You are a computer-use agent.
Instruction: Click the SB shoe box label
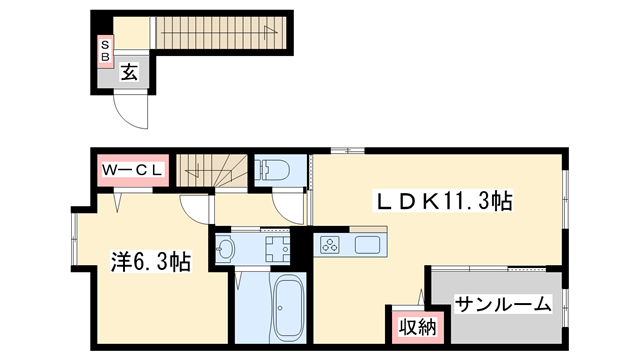(104, 50)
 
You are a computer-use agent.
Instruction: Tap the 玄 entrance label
(130, 71)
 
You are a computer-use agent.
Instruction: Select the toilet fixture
(271, 170)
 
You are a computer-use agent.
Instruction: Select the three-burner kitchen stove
(331, 244)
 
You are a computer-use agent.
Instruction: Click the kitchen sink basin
(367, 244)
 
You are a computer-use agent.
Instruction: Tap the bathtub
(288, 308)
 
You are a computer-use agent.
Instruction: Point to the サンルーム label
(503, 303)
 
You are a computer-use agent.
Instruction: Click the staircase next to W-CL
(211, 170)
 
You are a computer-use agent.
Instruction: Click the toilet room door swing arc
(291, 205)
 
